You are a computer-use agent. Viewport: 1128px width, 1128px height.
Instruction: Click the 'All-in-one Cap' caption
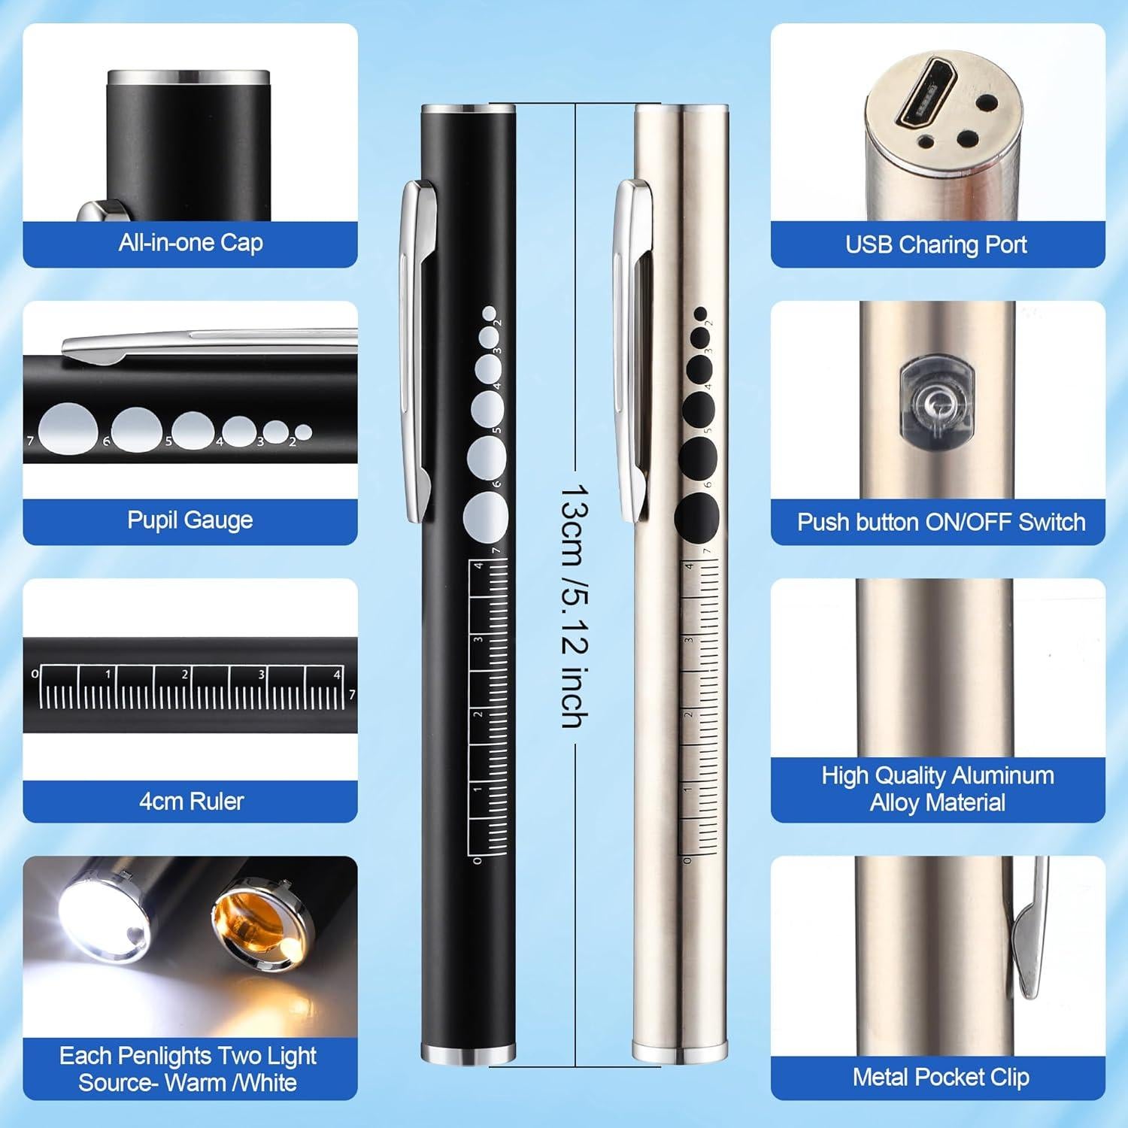coord(190,243)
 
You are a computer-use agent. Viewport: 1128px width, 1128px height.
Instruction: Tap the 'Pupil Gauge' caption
coord(190,520)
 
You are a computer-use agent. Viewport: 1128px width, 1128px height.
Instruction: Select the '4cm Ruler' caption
coord(191,801)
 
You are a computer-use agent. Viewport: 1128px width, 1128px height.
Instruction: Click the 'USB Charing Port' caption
coord(936,244)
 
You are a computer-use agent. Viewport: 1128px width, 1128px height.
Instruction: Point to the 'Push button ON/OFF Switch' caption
coord(941,522)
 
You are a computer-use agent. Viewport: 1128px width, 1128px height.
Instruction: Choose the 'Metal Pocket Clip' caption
coord(941,1077)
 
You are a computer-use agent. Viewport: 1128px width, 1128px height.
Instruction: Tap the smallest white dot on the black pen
coord(489,313)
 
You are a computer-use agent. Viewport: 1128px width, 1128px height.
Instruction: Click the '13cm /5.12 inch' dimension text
coord(575,605)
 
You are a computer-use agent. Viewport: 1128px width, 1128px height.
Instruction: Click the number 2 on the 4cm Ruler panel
coord(184,675)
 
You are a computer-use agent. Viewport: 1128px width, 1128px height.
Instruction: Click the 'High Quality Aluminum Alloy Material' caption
coord(937,789)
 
